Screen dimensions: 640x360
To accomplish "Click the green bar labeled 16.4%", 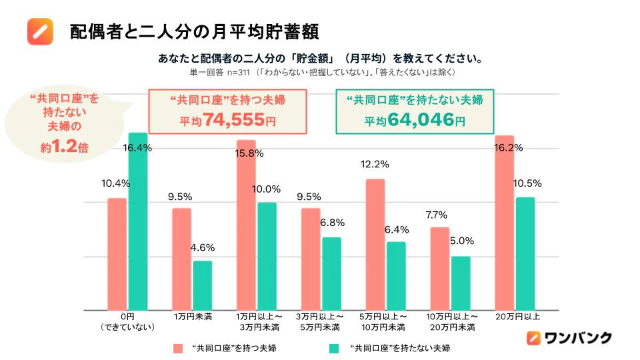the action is point(138,221).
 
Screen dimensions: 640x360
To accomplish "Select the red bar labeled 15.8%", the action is point(246,225).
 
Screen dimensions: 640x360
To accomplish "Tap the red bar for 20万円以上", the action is point(505,223).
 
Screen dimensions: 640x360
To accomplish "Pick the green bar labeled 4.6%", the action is point(203,286).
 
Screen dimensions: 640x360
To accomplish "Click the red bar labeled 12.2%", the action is point(375,245).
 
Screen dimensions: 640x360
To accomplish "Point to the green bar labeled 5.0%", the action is point(461,283).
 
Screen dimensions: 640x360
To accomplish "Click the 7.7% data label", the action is point(436,215).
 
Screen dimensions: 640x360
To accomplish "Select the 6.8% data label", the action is point(332,223).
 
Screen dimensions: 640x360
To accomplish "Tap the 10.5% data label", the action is point(527,184).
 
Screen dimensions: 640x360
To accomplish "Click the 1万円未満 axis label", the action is point(193,317).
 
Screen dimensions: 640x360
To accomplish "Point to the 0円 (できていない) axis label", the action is point(127,321).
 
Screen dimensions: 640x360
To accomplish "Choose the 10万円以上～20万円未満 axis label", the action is point(452,321).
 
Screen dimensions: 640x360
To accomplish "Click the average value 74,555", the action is point(234,119).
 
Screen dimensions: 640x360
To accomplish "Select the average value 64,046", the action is point(421,119).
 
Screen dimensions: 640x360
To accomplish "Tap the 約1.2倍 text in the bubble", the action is point(64,146).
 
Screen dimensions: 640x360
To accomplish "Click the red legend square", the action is point(178,348).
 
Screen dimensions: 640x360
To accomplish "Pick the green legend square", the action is point(334,348).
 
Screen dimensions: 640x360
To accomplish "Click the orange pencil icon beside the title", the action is point(40,31).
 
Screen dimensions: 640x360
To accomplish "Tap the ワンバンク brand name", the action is point(578,337).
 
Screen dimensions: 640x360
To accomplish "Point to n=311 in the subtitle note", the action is point(238,73).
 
